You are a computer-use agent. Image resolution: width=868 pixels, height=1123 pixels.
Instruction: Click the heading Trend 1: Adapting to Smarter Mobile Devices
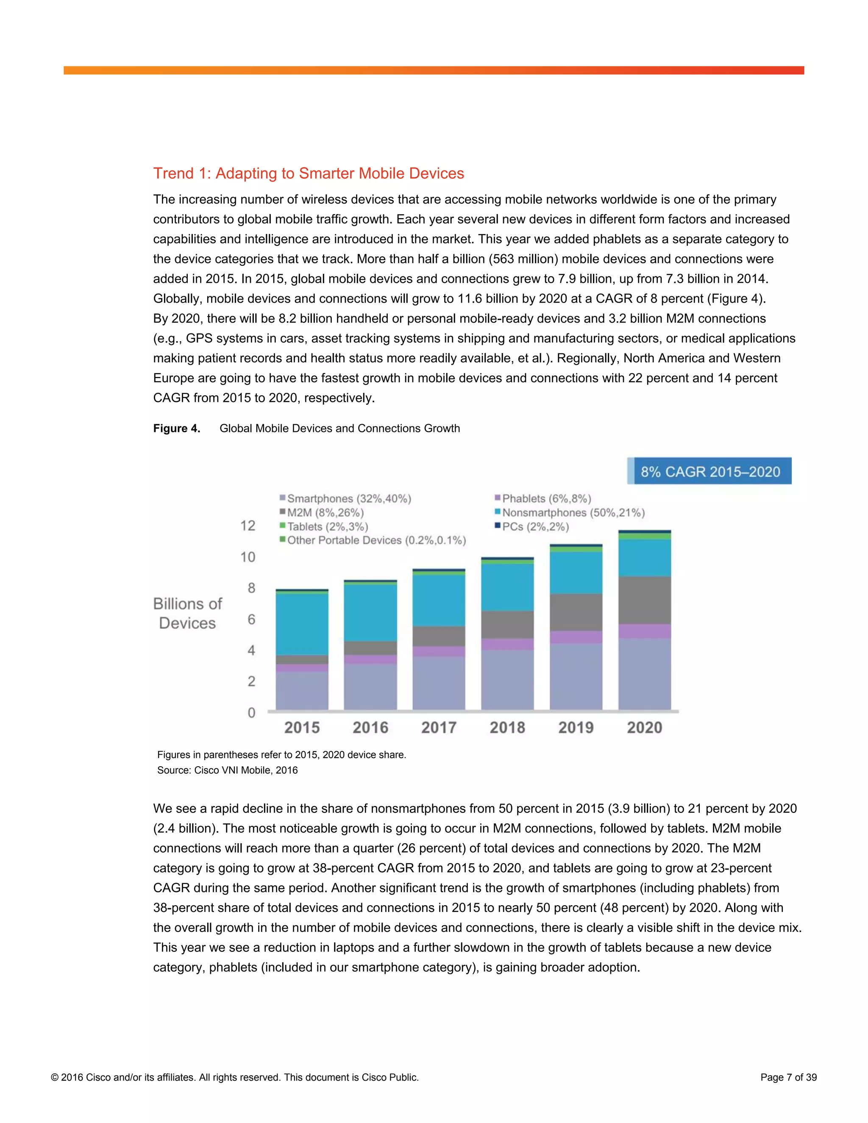[309, 173]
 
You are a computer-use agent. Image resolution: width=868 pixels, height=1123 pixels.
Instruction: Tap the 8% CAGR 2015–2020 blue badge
[709, 471]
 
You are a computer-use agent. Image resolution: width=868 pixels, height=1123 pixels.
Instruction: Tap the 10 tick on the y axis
[248, 557]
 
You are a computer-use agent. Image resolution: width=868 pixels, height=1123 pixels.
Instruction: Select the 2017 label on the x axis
[439, 727]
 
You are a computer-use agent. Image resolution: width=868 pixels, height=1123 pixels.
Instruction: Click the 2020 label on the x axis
[644, 727]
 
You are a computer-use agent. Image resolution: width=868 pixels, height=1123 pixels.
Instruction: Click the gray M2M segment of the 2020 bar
[644, 600]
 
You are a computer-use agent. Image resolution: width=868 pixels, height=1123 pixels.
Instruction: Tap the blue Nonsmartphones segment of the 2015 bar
[302, 624]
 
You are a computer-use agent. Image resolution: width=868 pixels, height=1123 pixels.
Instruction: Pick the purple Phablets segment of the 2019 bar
[576, 637]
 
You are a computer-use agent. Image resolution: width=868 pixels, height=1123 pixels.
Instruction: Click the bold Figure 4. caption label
[176, 428]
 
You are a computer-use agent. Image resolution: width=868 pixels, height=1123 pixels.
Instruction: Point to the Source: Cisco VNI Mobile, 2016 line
[227, 770]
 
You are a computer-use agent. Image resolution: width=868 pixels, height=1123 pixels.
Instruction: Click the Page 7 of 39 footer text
[788, 1077]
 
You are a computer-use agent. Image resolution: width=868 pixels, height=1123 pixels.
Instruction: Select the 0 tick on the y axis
[251, 713]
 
